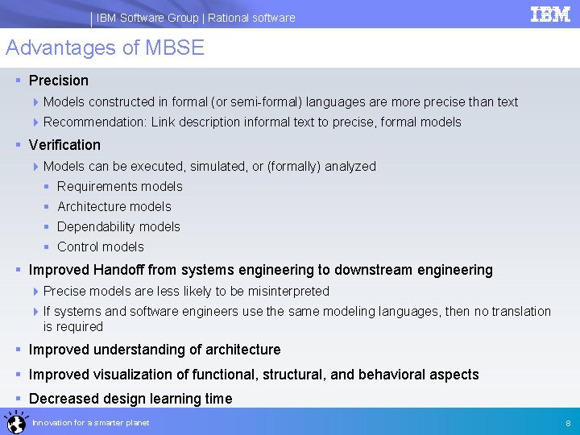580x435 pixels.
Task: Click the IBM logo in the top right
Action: click(x=550, y=14)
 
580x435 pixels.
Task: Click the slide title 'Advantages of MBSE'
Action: click(x=106, y=48)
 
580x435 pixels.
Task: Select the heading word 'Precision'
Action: click(x=59, y=81)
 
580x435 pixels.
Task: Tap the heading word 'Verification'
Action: click(x=64, y=145)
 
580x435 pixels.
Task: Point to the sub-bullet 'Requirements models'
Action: click(x=120, y=187)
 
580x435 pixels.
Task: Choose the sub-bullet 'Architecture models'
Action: click(x=114, y=207)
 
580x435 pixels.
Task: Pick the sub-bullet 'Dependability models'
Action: click(x=118, y=227)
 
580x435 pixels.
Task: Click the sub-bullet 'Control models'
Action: click(x=101, y=247)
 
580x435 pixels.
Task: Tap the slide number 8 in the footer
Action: click(x=568, y=423)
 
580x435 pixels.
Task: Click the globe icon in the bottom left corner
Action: click(x=14, y=421)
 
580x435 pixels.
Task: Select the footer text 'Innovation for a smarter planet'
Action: click(x=90, y=423)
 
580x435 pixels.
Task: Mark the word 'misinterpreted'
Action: click(x=289, y=292)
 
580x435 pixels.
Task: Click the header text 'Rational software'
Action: click(x=251, y=18)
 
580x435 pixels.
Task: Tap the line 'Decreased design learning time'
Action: click(x=130, y=399)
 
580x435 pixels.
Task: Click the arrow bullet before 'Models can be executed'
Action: click(x=35, y=167)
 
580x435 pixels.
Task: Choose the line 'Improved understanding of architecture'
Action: click(x=155, y=350)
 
